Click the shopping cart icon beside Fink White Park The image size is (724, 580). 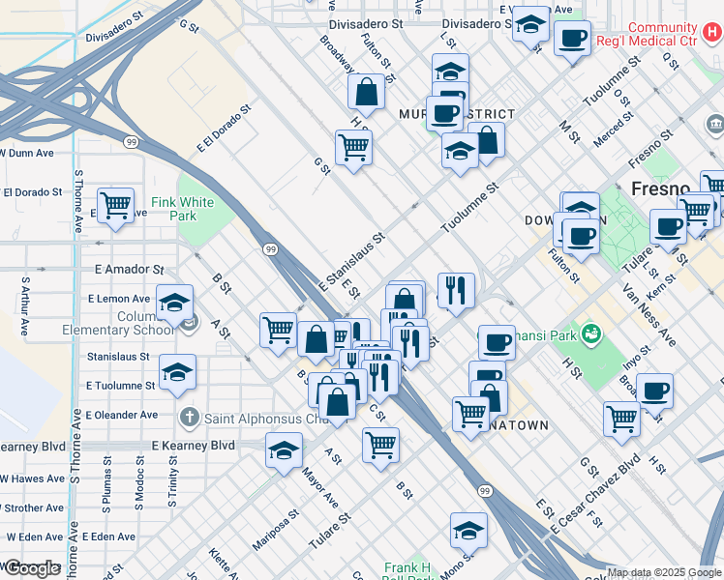pos(116,205)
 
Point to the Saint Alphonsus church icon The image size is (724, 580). pos(191,418)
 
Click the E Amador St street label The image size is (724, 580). pos(129,270)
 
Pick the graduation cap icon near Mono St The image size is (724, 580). pos(468,530)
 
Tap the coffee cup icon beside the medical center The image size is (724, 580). pos(572,39)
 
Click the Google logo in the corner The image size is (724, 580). pos(32,568)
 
